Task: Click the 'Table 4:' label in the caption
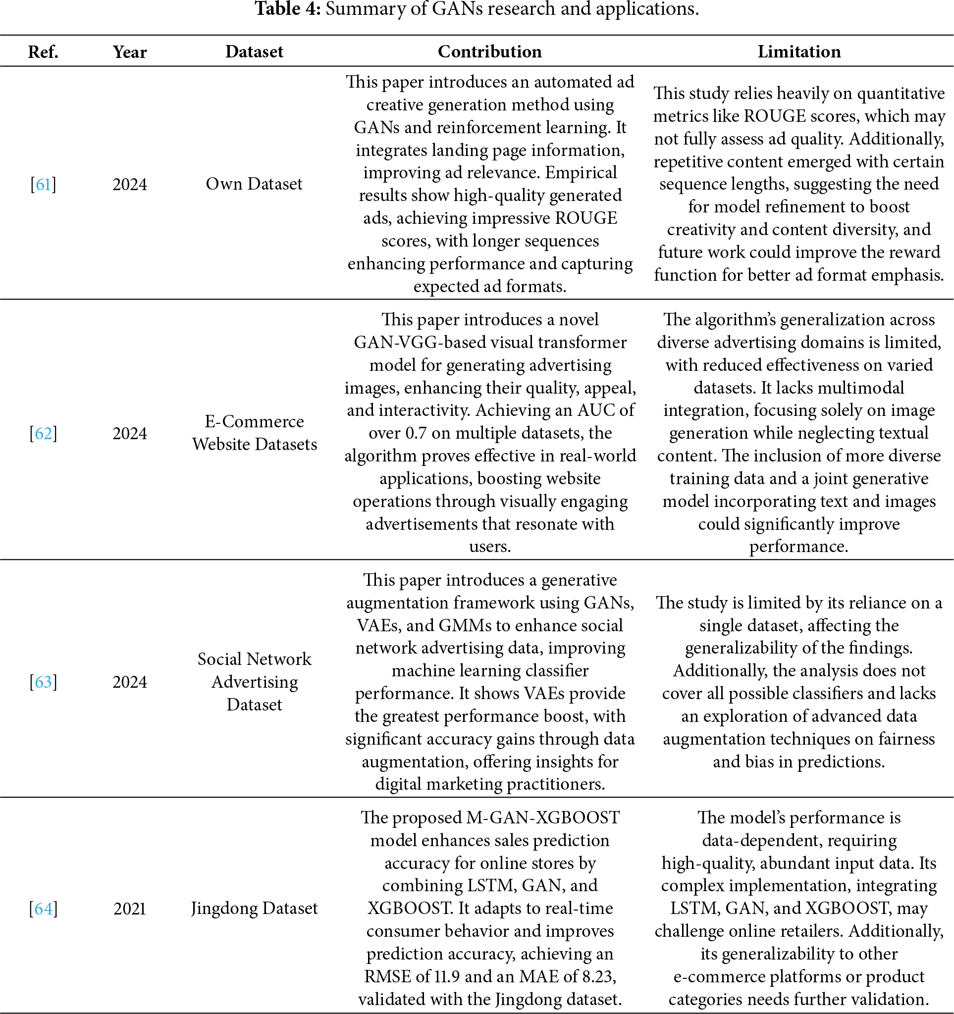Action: (x=287, y=9)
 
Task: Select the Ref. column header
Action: (x=44, y=52)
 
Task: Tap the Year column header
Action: (x=130, y=52)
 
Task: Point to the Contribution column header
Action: (x=489, y=52)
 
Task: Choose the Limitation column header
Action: (x=798, y=52)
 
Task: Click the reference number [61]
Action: (x=44, y=184)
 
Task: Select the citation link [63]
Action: (x=44, y=682)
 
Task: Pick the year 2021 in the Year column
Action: (x=130, y=909)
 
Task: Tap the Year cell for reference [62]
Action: (x=130, y=434)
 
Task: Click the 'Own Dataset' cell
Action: (x=254, y=184)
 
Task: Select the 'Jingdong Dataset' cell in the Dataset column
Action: (x=254, y=909)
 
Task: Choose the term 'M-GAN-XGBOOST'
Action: (x=543, y=817)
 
